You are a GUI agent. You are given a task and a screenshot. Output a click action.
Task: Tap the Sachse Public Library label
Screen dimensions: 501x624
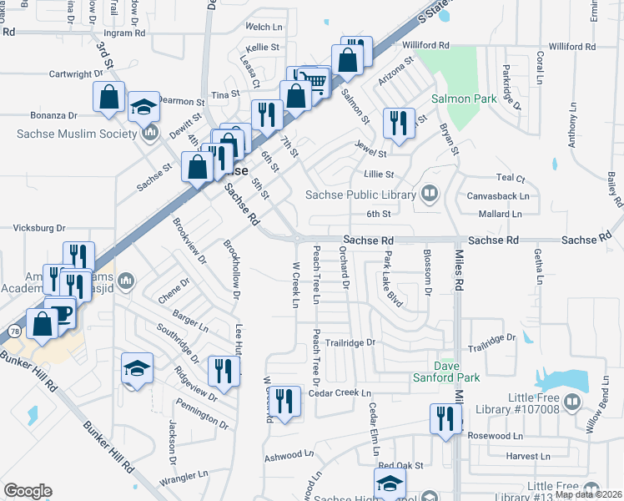(x=360, y=195)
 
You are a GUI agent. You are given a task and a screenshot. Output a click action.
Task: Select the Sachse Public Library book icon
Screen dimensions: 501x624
(x=429, y=195)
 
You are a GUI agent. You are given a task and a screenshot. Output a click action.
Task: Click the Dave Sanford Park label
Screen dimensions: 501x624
(x=457, y=372)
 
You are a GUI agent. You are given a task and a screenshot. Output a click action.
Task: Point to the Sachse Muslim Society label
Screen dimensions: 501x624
(x=76, y=134)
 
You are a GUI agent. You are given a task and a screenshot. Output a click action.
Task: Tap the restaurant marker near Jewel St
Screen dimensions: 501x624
(x=399, y=123)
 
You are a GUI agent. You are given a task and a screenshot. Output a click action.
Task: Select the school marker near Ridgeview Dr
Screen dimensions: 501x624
(x=137, y=368)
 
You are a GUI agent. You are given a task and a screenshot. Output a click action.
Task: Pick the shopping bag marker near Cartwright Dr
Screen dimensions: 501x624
(x=109, y=97)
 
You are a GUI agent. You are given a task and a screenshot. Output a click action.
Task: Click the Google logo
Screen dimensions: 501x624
(x=28, y=490)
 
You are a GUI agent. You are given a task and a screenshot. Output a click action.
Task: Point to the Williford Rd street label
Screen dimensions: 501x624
(x=425, y=45)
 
